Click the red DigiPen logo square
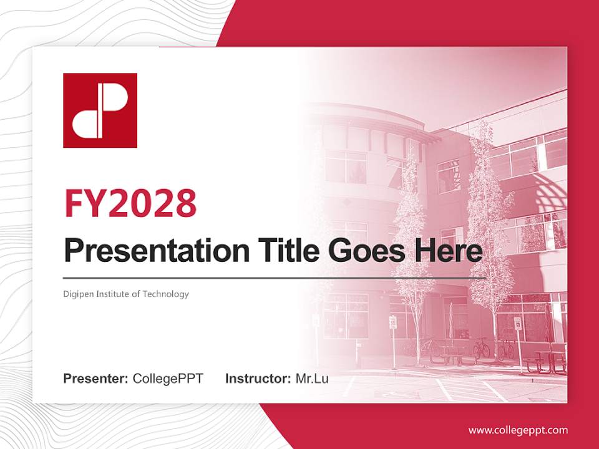point(100,110)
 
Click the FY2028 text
point(130,203)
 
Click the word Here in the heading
point(447,251)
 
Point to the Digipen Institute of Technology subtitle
point(126,294)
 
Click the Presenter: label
point(96,379)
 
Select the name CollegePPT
point(168,379)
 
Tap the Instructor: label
point(258,379)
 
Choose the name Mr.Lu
point(311,379)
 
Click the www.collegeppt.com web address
point(518,430)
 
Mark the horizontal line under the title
point(275,278)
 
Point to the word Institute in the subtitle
point(109,294)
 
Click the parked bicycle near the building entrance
point(481,348)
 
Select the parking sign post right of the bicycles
point(518,343)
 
